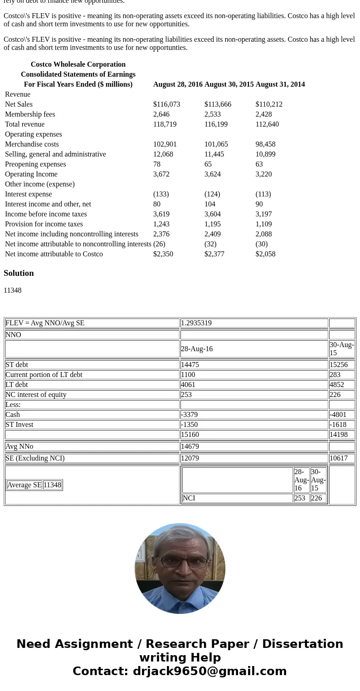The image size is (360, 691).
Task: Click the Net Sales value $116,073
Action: [x=166, y=104]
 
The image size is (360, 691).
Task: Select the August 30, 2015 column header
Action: [x=229, y=84]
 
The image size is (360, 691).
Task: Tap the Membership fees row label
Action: [x=30, y=114]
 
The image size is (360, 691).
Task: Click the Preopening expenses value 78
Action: [x=157, y=164]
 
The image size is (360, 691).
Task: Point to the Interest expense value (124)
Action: [x=212, y=194]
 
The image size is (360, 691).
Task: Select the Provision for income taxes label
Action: [x=44, y=224]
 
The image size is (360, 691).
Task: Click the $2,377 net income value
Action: [x=214, y=254]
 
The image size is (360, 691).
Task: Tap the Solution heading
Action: [x=19, y=273]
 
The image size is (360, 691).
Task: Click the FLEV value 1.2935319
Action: [x=196, y=323]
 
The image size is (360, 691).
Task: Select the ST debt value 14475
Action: [x=190, y=365]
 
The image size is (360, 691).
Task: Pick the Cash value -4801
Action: [x=338, y=415]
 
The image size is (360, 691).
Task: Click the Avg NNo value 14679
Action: [x=190, y=446]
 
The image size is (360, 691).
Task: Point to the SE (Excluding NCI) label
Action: [x=35, y=458]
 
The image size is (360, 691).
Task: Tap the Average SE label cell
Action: [x=24, y=485]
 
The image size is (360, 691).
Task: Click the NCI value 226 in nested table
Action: [x=316, y=498]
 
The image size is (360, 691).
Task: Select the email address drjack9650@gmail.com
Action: [x=209, y=671]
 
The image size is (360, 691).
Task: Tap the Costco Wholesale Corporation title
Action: [x=78, y=64]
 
